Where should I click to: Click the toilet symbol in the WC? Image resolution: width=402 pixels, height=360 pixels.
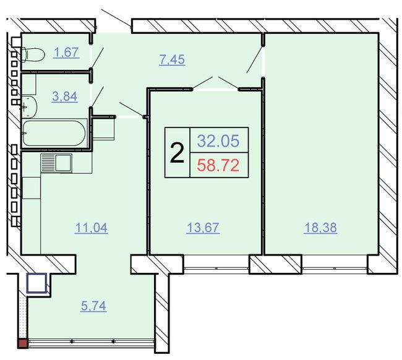33,54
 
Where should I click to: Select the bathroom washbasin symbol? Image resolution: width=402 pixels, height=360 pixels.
30,106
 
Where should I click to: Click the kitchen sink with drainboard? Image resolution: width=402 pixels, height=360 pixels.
56,163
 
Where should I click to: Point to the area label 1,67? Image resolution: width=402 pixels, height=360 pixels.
66,53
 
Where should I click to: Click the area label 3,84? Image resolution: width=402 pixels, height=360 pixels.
64,96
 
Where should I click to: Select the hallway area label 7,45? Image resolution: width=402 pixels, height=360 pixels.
172,60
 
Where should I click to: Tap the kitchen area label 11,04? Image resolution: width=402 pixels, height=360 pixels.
91,228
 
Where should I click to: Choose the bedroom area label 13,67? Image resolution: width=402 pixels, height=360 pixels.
203,228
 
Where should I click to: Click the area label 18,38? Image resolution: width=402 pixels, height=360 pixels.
320,228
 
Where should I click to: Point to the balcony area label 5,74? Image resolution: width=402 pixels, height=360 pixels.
93,306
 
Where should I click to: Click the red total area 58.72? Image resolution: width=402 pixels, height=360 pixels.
218,165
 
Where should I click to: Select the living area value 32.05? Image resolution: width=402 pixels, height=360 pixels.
218,141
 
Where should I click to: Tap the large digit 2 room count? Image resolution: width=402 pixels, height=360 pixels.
177,153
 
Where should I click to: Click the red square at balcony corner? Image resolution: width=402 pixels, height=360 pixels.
22,343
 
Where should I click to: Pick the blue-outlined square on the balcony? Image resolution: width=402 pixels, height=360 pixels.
37,283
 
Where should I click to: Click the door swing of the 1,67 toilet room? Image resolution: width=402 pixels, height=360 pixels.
98,58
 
